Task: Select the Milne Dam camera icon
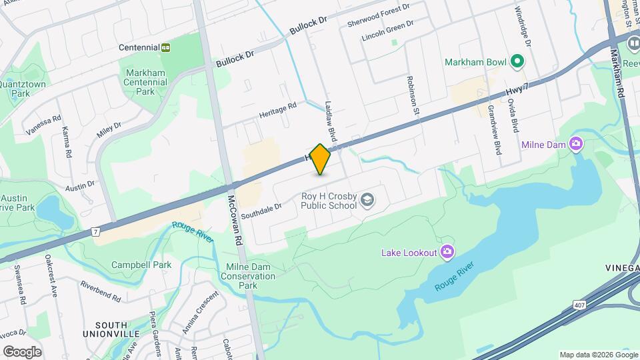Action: point(576,144)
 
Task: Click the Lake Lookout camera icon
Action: point(447,252)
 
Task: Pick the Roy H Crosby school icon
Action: point(367,200)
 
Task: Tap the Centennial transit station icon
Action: point(165,47)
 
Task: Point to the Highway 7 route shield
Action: point(97,231)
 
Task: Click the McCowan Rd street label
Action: point(235,220)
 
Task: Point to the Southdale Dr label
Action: point(261,211)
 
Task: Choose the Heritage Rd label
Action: point(277,111)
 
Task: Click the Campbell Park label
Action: point(141,265)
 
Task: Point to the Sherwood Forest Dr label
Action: point(378,19)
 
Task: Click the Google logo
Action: point(22,351)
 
